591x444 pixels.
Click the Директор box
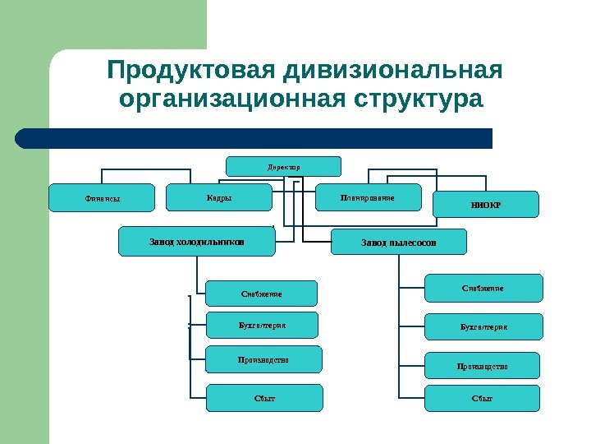pyautogui.click(x=283, y=166)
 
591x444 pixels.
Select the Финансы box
pyautogui.click(x=91, y=198)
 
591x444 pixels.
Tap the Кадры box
pyautogui.click(x=219, y=197)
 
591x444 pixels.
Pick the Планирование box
pyautogui.click(x=368, y=197)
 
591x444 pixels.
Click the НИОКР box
pyautogui.click(x=486, y=204)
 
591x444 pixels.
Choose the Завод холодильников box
pyautogui.click(x=197, y=242)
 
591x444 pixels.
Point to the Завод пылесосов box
pyautogui.click(x=398, y=243)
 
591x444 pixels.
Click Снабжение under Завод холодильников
pyautogui.click(x=262, y=293)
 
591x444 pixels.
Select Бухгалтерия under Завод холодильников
pyautogui.click(x=262, y=324)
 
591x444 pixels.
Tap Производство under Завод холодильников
pyautogui.click(x=263, y=359)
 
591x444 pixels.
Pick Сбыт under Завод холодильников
pyautogui.click(x=264, y=398)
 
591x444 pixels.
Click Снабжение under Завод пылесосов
pyautogui.click(x=483, y=288)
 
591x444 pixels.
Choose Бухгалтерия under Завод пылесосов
pyautogui.click(x=483, y=326)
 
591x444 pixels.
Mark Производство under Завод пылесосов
pyautogui.click(x=483, y=365)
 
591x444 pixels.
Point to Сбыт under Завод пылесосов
pyautogui.click(x=483, y=398)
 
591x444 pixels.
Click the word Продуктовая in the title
pyautogui.click(x=190, y=71)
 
